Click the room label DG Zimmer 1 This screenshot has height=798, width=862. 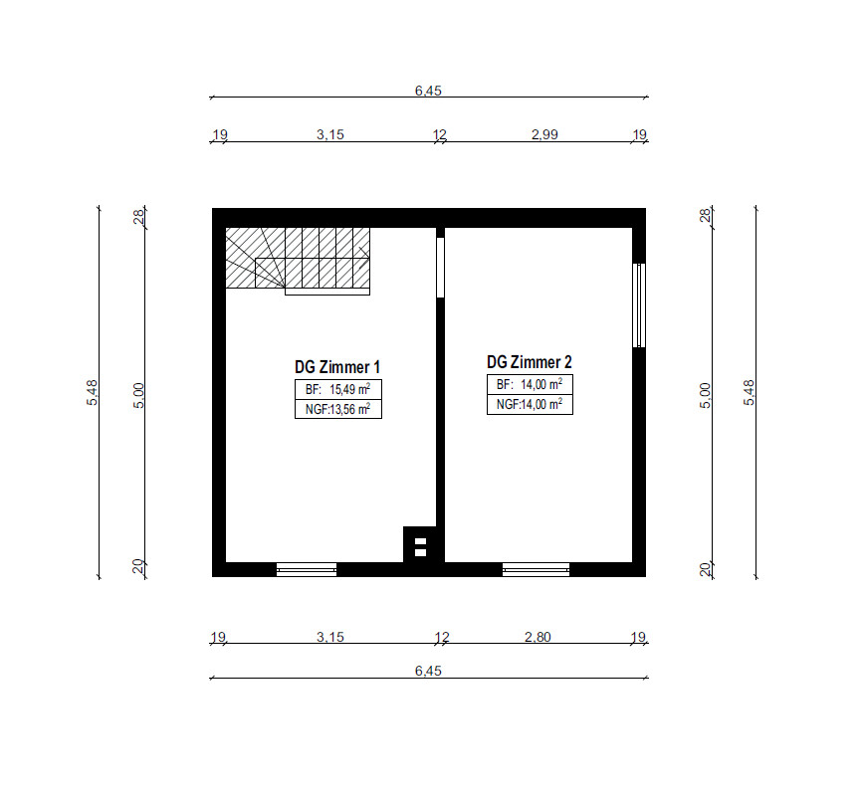tap(337, 367)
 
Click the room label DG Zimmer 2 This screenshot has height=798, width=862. tap(529, 362)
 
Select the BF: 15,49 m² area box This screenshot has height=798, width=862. tap(338, 390)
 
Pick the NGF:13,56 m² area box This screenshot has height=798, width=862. tap(338, 409)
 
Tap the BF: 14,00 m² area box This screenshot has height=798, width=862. tap(530, 385)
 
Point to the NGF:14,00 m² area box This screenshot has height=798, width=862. tap(530, 405)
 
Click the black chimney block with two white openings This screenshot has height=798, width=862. tap(420, 545)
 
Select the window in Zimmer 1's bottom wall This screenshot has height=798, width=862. tap(307, 569)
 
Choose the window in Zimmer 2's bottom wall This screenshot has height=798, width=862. tap(536, 569)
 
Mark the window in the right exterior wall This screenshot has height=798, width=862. tap(639, 305)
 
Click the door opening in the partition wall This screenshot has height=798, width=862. tap(440, 268)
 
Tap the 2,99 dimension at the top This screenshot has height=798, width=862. tap(544, 134)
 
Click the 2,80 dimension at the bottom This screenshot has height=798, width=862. tap(538, 637)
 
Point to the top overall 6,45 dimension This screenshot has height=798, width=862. tap(428, 91)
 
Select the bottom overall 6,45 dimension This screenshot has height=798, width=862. tap(428, 671)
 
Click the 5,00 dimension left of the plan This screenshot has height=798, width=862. tap(138, 396)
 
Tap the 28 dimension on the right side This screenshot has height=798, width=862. tap(705, 215)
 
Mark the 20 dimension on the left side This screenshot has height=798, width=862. tap(138, 566)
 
